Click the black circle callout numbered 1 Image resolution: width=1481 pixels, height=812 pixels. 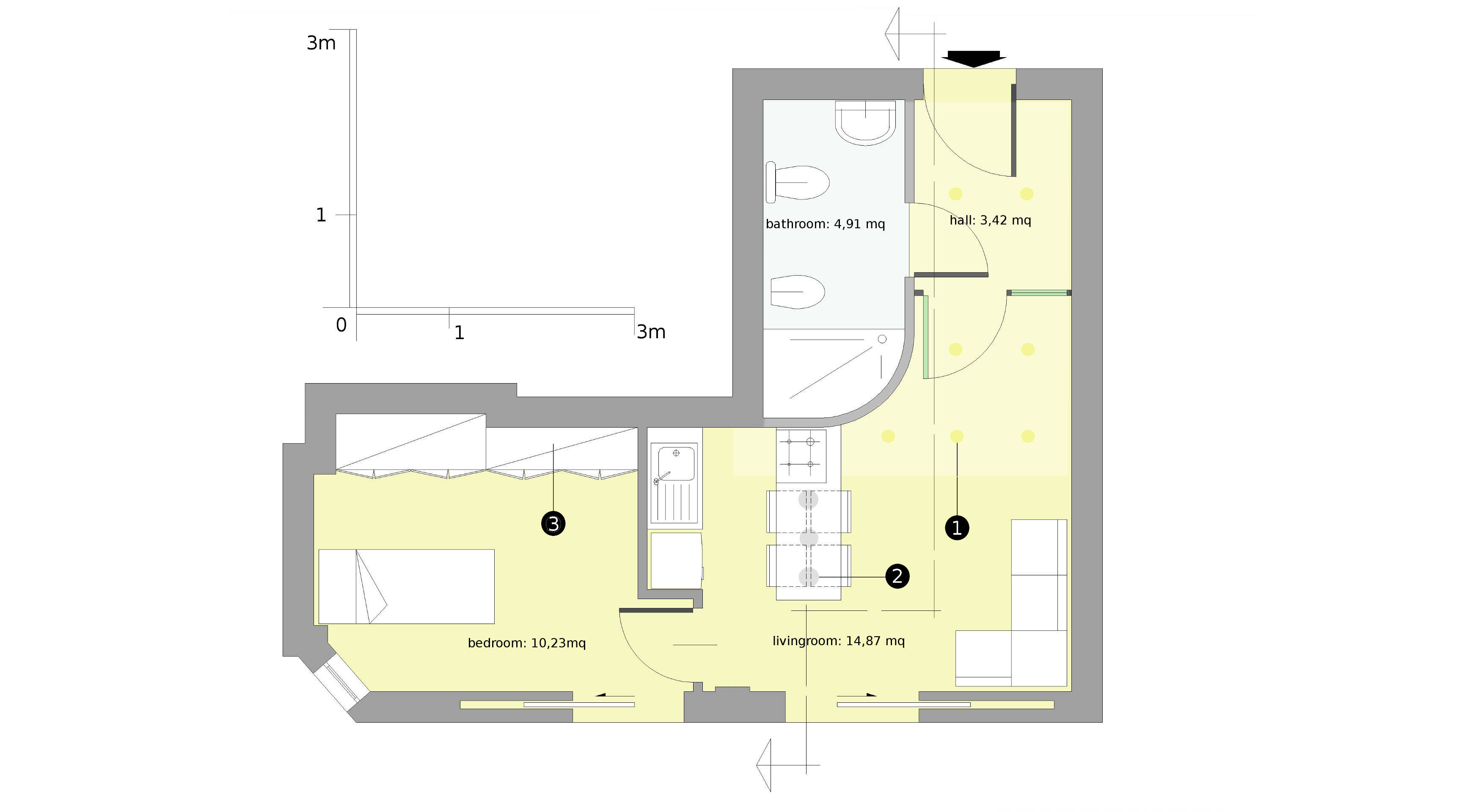pos(957,528)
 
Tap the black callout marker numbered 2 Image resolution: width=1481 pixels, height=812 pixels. pos(897,576)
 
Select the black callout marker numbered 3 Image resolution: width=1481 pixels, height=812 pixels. pos(553,524)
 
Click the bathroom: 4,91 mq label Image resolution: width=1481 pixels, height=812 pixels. pos(825,224)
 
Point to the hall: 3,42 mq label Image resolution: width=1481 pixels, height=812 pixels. pos(990,220)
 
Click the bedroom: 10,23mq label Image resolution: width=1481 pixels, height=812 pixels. pos(527,643)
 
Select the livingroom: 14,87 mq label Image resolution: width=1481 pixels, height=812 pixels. pos(838,641)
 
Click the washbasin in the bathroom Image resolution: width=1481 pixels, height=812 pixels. pos(865,122)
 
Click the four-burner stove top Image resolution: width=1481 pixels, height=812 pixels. pos(801,456)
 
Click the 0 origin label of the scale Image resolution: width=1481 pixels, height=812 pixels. pos(341,325)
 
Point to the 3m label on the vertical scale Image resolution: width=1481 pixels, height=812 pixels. pos(321,43)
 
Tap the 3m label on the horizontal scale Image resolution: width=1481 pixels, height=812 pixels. pos(651,332)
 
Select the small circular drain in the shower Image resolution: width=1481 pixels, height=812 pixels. pos(882,339)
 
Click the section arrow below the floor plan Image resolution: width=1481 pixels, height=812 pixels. pos(787,765)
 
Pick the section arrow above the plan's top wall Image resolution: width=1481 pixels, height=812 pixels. pos(915,33)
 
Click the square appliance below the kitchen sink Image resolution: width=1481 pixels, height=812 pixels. pos(676,560)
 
